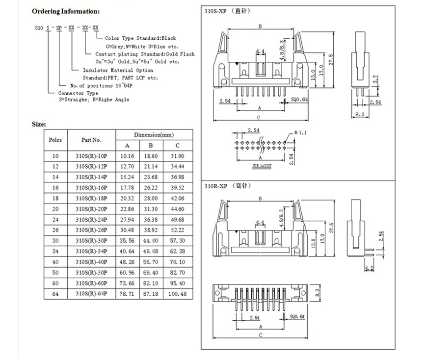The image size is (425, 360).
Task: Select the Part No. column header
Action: click(x=91, y=140)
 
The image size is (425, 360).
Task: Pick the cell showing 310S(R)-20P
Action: click(x=91, y=208)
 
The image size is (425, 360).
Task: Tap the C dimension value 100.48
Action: click(x=178, y=294)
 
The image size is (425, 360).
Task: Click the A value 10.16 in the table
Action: click(x=128, y=155)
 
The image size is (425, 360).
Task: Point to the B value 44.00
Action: click(x=151, y=241)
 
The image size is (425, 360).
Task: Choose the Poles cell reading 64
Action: click(x=55, y=294)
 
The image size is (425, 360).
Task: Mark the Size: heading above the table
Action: click(x=39, y=124)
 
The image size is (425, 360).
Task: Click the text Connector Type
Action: click(x=78, y=93)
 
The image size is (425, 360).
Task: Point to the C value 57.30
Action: click(x=178, y=241)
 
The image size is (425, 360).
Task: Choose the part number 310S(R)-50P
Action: click(x=91, y=272)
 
